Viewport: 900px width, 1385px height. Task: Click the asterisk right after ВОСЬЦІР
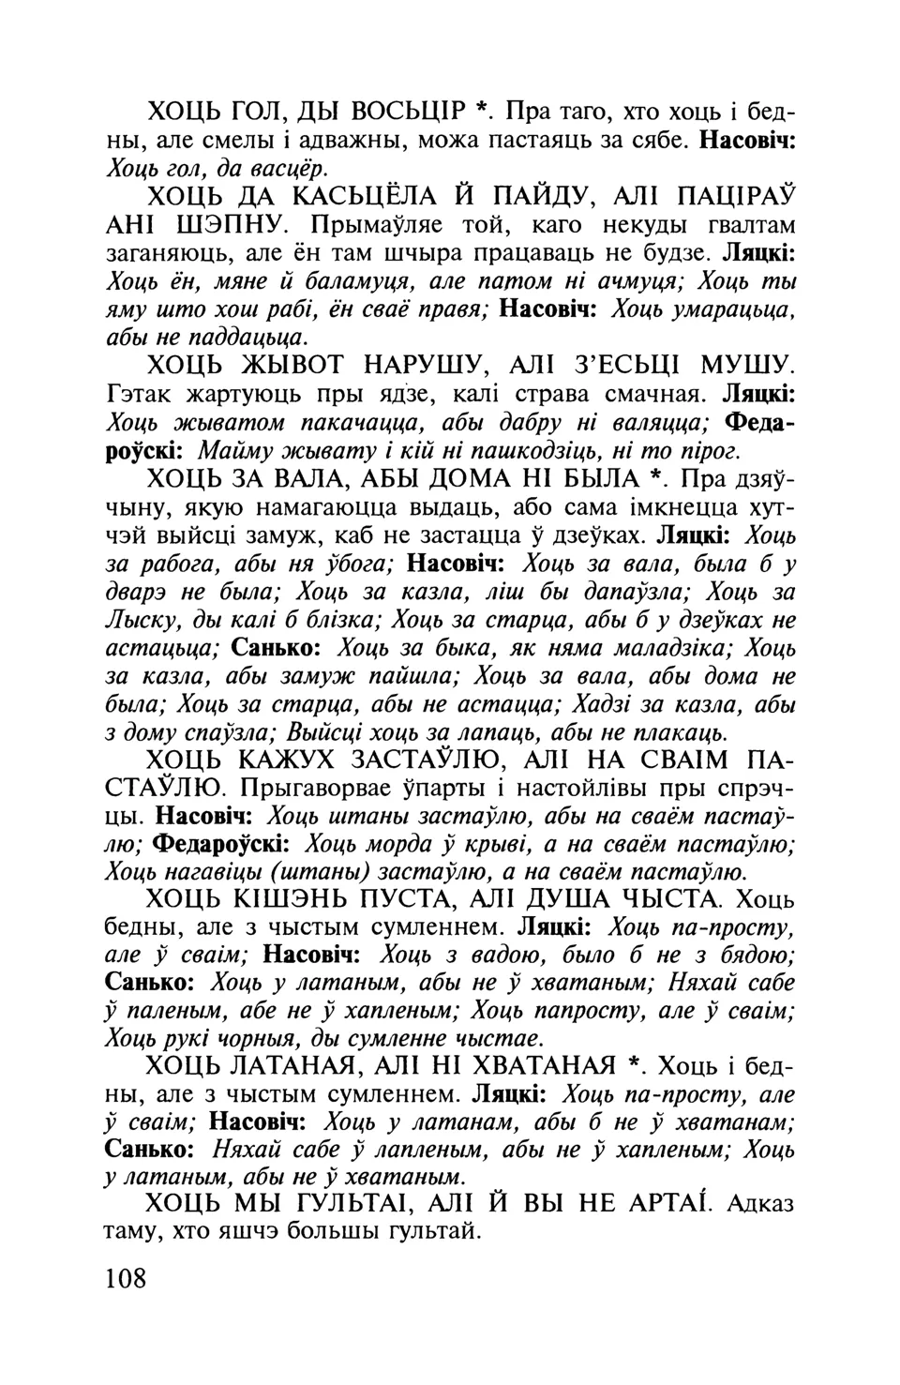(x=481, y=110)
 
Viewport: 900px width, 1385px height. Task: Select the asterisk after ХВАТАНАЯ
(x=634, y=1063)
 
